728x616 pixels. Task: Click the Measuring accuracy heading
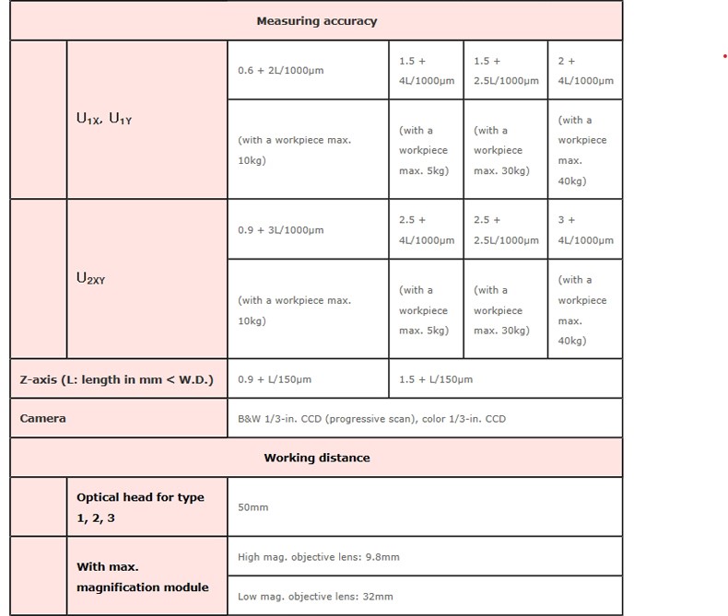[316, 21]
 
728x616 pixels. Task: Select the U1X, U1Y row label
[104, 118]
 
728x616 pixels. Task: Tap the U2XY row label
[90, 277]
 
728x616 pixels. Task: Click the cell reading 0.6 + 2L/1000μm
[281, 70]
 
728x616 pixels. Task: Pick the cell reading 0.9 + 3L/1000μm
[281, 230]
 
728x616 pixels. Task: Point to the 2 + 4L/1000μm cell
[584, 70]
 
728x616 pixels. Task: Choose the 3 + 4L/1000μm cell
[584, 230]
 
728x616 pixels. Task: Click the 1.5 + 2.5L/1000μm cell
[505, 70]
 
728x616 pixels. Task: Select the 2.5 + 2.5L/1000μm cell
[505, 230]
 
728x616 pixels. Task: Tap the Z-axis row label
[116, 379]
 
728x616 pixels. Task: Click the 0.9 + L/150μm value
[275, 379]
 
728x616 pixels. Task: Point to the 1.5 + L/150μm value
[435, 379]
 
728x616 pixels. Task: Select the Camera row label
[43, 418]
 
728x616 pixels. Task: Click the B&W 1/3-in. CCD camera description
[371, 419]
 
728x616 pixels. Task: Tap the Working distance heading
[316, 458]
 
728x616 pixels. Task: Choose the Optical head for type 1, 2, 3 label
[140, 507]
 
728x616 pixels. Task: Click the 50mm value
[252, 507]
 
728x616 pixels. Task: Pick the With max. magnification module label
[142, 576]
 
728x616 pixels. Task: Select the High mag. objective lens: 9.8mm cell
[318, 557]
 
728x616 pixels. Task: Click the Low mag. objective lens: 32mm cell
[315, 597]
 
